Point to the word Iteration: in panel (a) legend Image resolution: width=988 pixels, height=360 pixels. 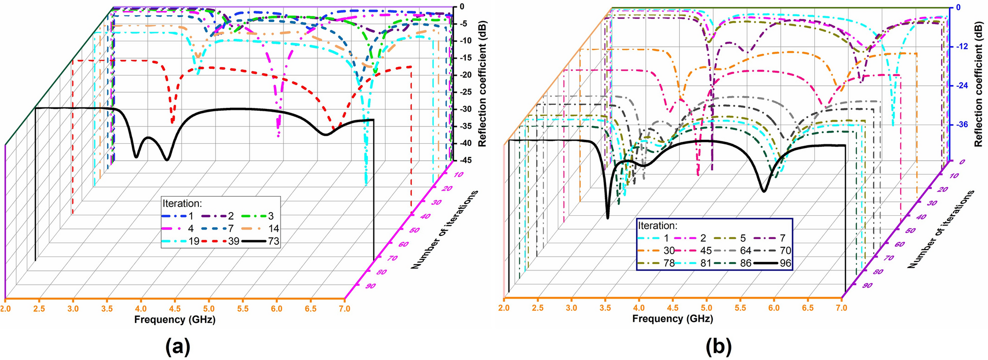point(182,203)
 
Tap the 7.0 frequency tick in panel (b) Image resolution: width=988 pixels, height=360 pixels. point(841,308)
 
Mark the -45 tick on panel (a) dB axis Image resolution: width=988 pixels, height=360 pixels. point(465,161)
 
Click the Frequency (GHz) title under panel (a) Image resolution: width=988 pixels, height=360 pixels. point(175,319)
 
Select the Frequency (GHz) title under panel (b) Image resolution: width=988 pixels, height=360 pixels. point(672,319)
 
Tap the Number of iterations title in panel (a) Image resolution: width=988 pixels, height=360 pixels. point(444,229)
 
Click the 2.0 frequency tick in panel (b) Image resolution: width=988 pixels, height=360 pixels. point(504,308)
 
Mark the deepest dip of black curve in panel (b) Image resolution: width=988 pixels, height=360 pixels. point(608,216)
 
